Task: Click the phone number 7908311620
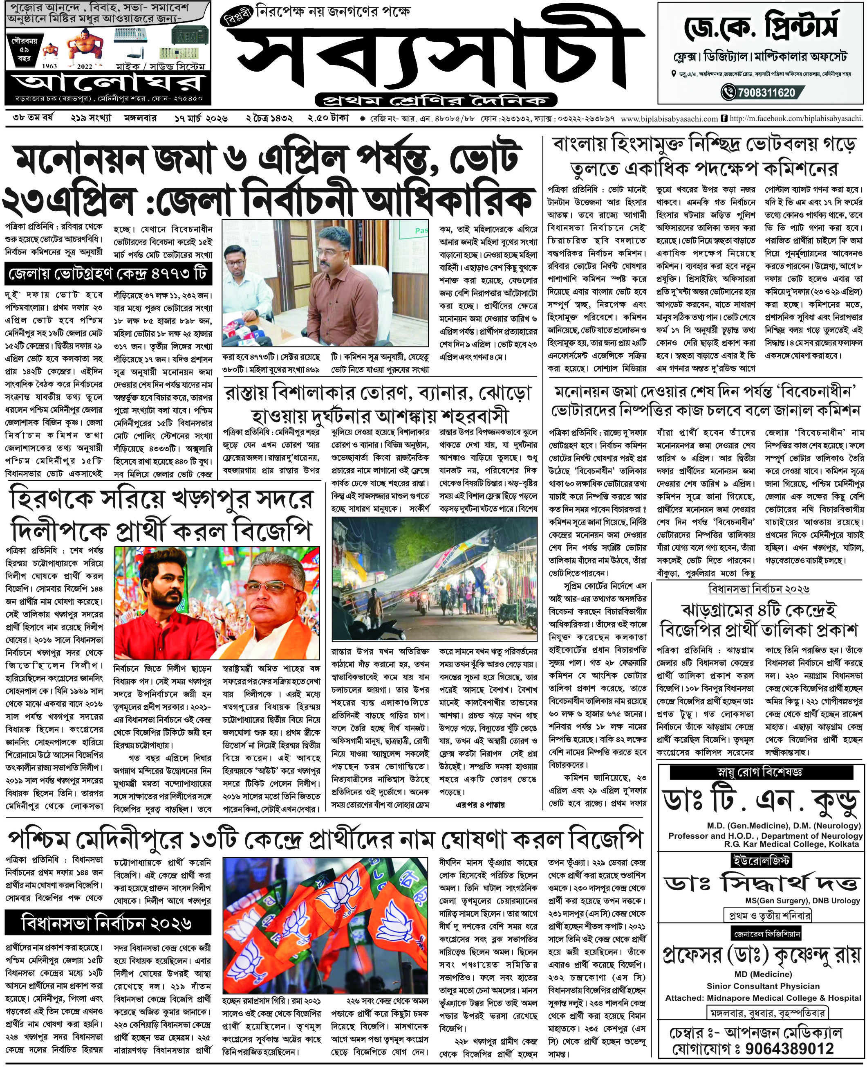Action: [x=766, y=92]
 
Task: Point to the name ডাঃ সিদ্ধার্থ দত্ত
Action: [x=761, y=884]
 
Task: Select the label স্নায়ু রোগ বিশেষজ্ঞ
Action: [x=761, y=772]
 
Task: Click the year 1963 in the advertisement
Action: [x=49, y=65]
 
